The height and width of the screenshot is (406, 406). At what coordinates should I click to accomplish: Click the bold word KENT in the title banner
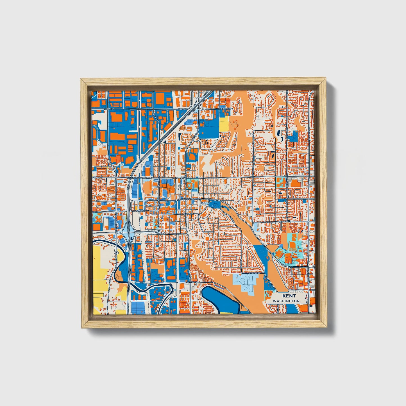289,296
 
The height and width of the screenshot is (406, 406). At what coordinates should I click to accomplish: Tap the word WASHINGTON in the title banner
286,301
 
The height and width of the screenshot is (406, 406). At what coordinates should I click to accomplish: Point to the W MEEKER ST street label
142,210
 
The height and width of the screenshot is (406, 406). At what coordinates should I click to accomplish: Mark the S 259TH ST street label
191,282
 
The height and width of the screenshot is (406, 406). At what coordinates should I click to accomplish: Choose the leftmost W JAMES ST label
98,178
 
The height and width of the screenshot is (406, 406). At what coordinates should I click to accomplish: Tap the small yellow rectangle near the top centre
224,124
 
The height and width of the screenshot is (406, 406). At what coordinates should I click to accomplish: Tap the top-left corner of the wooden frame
81,80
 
